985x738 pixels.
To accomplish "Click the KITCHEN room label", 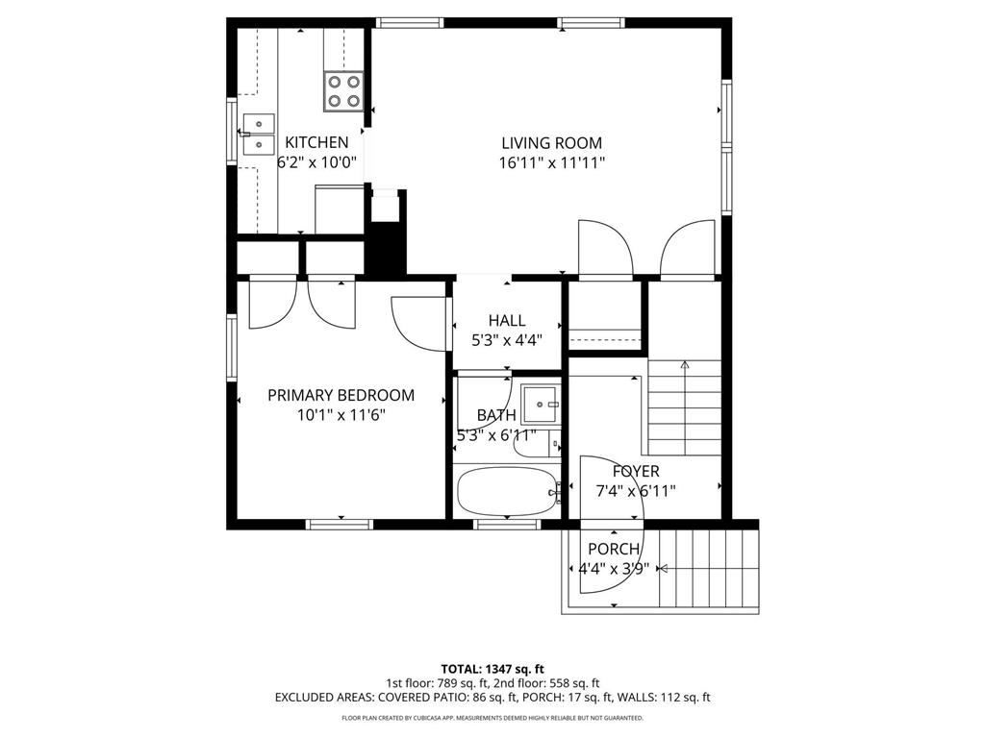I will click(x=316, y=142).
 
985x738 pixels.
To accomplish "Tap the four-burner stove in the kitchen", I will click(x=343, y=90).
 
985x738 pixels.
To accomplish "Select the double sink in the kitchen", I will click(x=258, y=134).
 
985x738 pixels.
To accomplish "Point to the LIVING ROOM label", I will click(x=552, y=143).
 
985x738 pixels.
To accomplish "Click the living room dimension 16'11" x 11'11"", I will click(x=552, y=163).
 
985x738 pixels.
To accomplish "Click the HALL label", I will click(x=507, y=320).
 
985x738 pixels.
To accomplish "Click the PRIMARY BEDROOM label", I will click(x=341, y=395).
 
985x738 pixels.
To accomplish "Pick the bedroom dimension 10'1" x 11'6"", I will click(x=341, y=415).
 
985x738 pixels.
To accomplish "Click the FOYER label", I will click(x=636, y=471).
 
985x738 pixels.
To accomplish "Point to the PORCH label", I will click(x=614, y=549).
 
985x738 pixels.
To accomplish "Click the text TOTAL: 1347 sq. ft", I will click(x=492, y=669).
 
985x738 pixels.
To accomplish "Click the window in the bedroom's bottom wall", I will click(x=340, y=524).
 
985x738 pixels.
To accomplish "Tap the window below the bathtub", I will click(x=507, y=525).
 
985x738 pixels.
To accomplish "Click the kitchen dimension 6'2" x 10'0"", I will click(x=316, y=163).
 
